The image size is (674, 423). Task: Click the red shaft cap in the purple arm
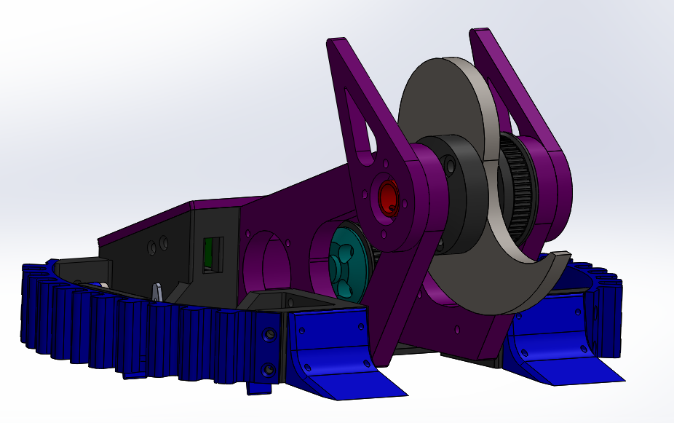click(x=388, y=197)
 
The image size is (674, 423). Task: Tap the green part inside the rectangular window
click(x=209, y=253)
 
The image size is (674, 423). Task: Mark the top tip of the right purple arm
click(x=480, y=33)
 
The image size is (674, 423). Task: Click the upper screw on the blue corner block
click(x=270, y=334)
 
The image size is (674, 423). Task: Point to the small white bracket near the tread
click(x=157, y=292)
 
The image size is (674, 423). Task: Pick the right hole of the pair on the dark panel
click(x=164, y=241)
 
